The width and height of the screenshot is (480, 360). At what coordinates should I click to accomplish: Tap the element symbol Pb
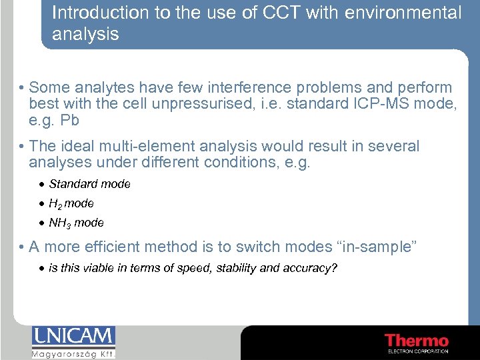70,121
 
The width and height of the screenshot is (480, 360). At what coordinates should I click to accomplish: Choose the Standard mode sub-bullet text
89,184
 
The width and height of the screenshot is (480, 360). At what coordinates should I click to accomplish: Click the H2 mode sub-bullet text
71,203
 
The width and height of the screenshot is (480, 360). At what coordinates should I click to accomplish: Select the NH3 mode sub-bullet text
76,223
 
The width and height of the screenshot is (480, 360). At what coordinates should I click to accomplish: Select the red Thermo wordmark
417,340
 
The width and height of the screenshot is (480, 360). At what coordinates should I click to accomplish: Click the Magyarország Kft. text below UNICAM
73,354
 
